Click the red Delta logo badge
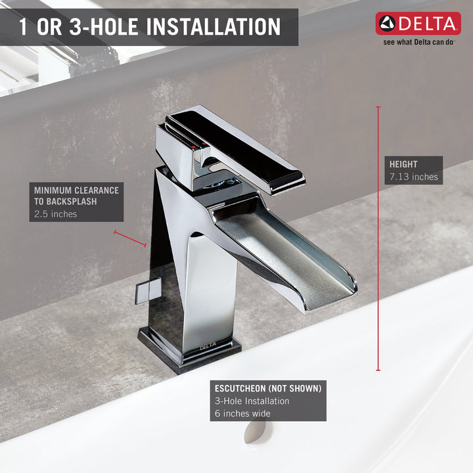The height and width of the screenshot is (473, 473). (x=418, y=24)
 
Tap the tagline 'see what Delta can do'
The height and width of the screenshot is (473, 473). (x=418, y=42)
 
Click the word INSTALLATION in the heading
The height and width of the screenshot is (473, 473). (x=214, y=26)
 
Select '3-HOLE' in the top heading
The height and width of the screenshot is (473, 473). (x=103, y=26)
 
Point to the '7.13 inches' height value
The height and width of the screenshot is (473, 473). (x=414, y=177)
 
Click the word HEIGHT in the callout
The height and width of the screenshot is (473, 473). (x=403, y=164)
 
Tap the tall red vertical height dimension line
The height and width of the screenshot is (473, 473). (x=378, y=238)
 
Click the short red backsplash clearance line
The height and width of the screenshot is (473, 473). (x=130, y=238)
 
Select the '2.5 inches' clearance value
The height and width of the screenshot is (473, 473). (x=55, y=214)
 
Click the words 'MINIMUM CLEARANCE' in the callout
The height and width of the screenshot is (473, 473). (x=76, y=191)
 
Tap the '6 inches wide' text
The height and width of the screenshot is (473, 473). (x=242, y=413)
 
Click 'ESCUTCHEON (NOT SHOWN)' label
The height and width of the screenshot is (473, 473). (x=268, y=388)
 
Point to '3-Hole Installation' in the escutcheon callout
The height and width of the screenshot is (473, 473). (x=252, y=401)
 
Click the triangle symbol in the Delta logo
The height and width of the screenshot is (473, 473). (x=388, y=24)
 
